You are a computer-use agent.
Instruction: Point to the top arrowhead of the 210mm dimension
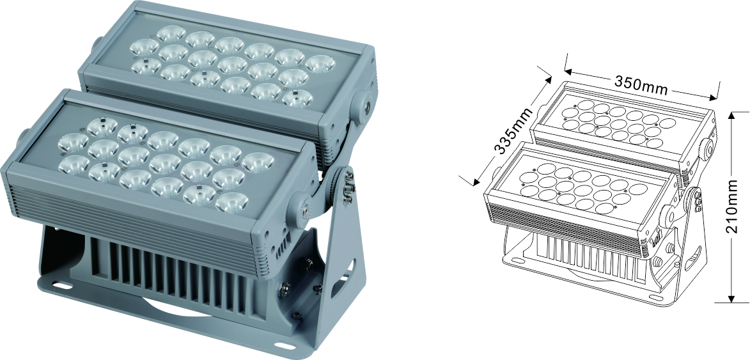point(731,116)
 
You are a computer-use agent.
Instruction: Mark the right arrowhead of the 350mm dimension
point(714,98)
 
